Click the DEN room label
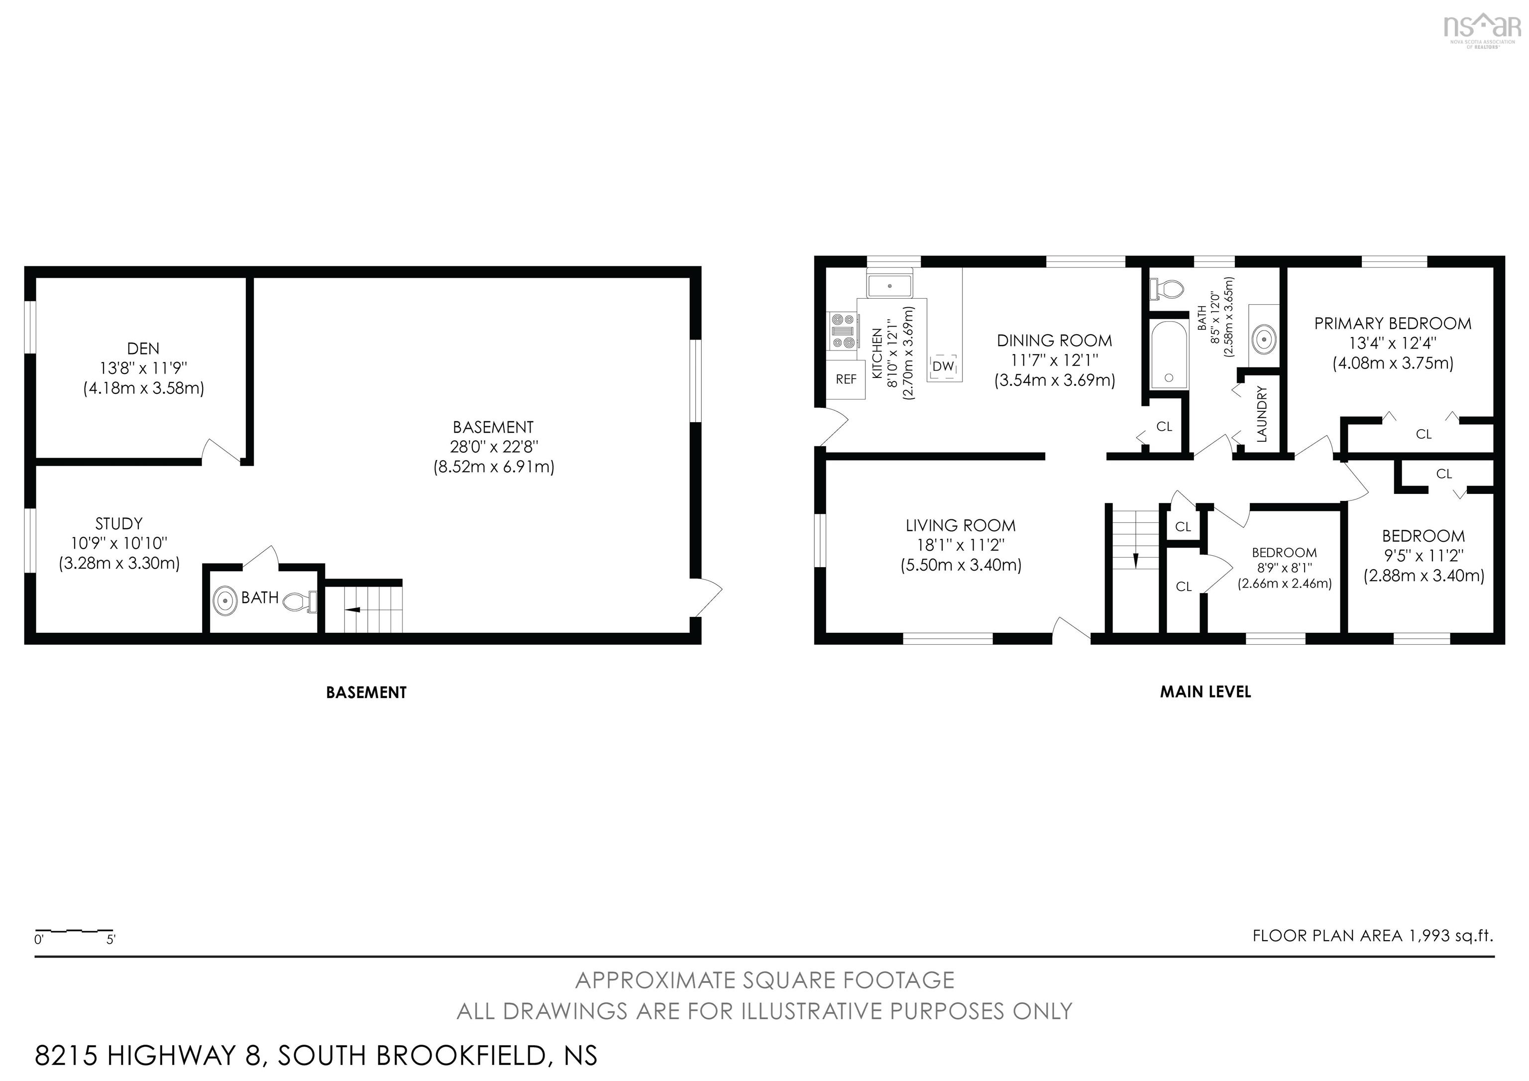click(143, 349)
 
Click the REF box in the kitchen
click(846, 379)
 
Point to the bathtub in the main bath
click(1169, 355)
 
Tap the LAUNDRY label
click(1261, 414)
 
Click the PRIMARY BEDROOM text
click(1393, 324)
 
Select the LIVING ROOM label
click(960, 525)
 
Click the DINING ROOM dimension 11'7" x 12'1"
click(1054, 360)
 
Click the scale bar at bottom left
click(74, 931)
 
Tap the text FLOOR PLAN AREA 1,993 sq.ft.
click(1373, 936)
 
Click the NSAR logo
click(1482, 28)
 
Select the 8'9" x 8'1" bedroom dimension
click(1284, 568)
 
